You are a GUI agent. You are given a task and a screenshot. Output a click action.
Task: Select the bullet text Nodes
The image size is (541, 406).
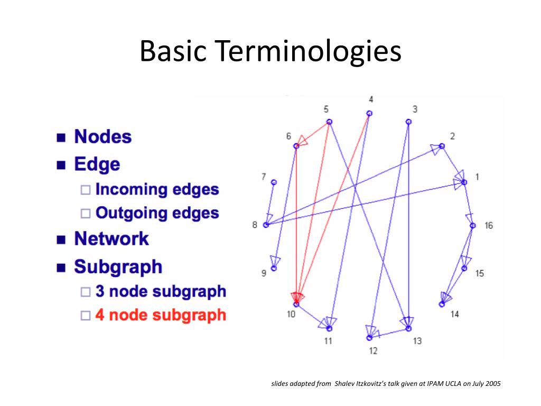(x=103, y=137)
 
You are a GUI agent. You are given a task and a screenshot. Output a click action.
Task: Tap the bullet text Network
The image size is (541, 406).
(x=111, y=239)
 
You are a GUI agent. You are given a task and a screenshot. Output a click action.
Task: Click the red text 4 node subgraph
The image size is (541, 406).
(x=161, y=315)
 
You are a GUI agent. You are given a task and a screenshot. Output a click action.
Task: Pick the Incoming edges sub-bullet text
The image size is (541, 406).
(x=157, y=189)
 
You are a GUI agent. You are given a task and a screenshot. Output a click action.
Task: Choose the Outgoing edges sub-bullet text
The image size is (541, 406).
(x=157, y=213)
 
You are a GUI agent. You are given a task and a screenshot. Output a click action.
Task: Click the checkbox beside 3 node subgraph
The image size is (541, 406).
(x=86, y=292)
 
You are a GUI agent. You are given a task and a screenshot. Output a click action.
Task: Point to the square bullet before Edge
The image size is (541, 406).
(x=62, y=165)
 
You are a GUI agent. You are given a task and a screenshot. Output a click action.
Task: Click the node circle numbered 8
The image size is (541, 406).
(x=266, y=225)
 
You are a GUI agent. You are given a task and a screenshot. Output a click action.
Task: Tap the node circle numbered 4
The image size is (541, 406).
(x=370, y=113)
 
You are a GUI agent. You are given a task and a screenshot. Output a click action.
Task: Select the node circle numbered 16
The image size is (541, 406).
(x=473, y=226)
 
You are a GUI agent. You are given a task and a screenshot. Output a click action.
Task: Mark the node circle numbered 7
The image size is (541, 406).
(x=274, y=182)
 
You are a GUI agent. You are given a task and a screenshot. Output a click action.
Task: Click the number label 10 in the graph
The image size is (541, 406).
(x=291, y=314)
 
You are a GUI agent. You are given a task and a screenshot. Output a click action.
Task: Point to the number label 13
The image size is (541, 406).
(x=417, y=341)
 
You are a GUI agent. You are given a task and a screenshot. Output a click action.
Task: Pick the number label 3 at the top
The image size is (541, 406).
(x=415, y=109)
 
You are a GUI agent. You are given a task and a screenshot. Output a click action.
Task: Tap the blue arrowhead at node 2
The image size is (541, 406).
(x=436, y=148)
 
